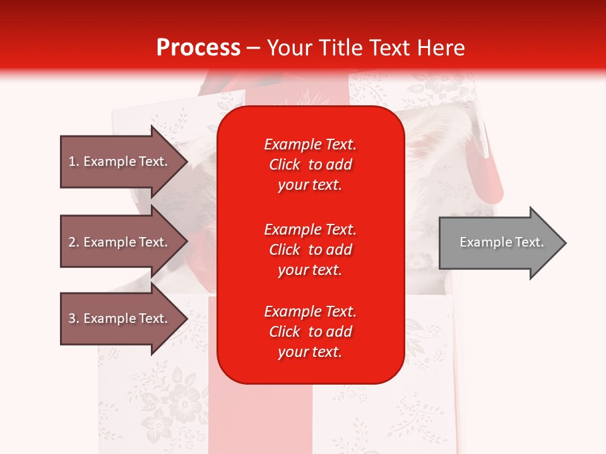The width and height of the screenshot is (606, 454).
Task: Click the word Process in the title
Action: point(198,48)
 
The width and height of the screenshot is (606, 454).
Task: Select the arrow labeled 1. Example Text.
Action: point(120,161)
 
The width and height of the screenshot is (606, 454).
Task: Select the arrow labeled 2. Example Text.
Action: point(120,242)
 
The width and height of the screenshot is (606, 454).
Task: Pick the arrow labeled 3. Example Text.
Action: point(120,318)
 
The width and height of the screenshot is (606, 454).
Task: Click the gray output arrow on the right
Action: point(499,243)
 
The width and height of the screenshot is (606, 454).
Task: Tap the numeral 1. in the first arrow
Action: point(74,161)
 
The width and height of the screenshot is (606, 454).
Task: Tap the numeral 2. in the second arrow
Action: point(74,242)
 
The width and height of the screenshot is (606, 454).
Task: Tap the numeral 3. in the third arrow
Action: point(74,318)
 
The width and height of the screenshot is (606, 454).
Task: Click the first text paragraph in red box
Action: point(310,165)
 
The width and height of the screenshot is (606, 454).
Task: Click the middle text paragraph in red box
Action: point(310,250)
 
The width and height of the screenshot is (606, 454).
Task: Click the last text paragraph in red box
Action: point(310,332)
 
